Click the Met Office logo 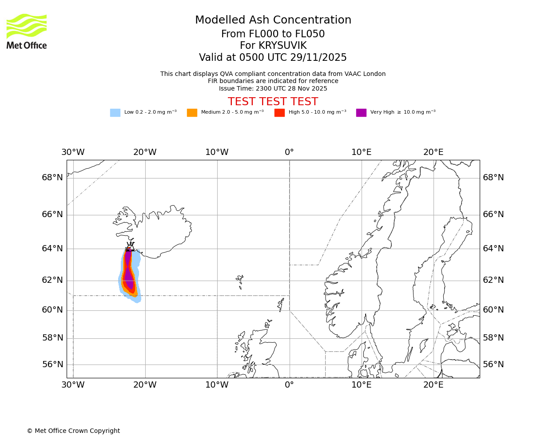[27, 31]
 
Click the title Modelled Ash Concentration [273, 20]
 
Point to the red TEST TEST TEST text [273, 102]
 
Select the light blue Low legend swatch [115, 113]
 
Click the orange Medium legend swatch [192, 113]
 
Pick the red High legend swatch [279, 113]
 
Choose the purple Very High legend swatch [361, 113]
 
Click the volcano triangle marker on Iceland [130, 247]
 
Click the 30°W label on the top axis [73, 152]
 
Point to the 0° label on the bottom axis [289, 385]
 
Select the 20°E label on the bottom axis [433, 385]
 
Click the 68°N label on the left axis [52, 178]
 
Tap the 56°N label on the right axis [493, 365]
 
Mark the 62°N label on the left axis [52, 280]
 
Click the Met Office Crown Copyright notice [73, 431]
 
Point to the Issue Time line [273, 88]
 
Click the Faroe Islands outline [240, 281]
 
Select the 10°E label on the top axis [361, 152]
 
